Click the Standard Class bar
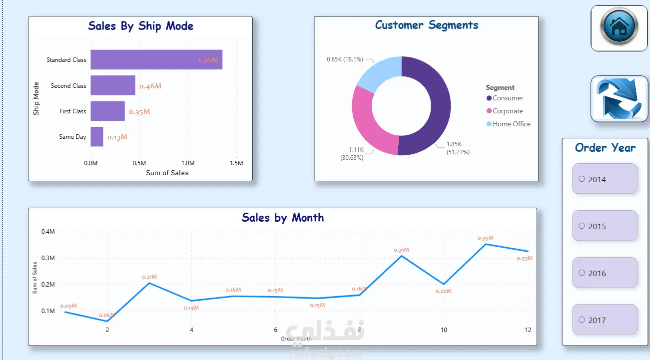(156, 60)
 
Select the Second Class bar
(113, 85)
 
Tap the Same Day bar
(97, 137)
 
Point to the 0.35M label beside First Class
(139, 112)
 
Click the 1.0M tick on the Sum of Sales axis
(188, 163)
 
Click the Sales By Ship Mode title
(140, 26)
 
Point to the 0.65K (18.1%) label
(345, 59)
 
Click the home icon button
(619, 28)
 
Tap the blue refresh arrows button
(619, 98)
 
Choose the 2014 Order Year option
(605, 179)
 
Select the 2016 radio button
(582, 273)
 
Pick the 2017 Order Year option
(605, 320)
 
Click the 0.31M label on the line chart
(401, 250)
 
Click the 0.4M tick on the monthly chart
(48, 232)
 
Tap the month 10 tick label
(444, 330)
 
